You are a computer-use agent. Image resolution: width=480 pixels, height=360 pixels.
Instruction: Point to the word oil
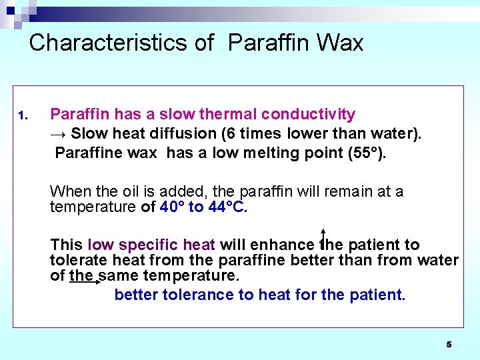[x=132, y=192]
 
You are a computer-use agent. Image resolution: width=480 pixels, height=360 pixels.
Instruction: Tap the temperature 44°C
[x=227, y=207]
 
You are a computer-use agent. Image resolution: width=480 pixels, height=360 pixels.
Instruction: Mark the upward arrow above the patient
[x=323, y=236]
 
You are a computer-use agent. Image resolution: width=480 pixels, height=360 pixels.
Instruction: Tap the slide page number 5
[x=449, y=345]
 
